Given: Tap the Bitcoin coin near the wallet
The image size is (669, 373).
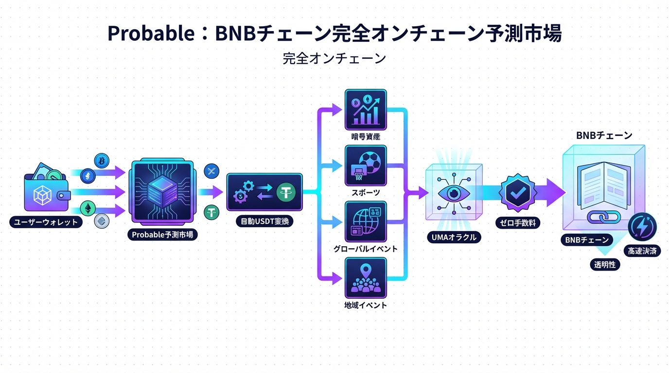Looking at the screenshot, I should click(102, 160).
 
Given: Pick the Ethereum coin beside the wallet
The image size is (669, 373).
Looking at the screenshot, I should click(88, 208).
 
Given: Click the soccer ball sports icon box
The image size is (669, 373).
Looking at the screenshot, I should click(365, 166).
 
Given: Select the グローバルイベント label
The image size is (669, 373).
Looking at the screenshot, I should click(365, 249).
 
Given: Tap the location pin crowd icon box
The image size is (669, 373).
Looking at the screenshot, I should click(365, 277).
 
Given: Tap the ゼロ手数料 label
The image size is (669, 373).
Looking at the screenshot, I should click(518, 223).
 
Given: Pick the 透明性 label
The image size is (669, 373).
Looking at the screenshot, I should click(605, 264).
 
